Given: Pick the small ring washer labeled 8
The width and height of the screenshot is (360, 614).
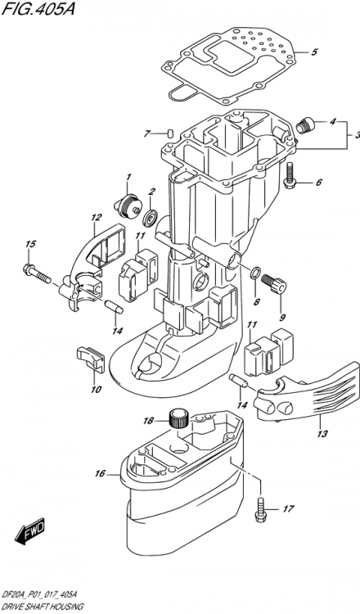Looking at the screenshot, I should point(255,273).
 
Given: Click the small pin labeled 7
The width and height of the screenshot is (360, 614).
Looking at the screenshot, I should point(167,133).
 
